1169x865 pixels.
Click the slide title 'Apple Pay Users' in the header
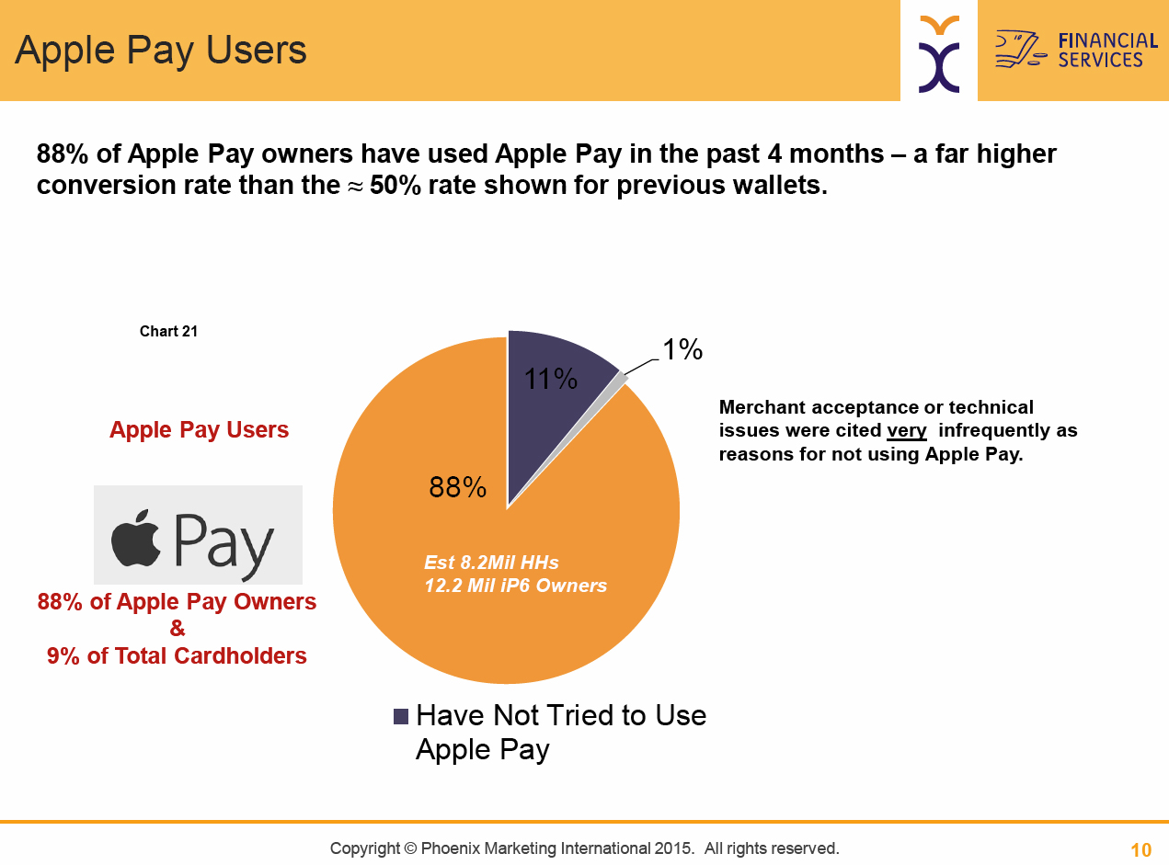coord(161,51)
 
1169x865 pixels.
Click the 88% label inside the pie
coord(457,487)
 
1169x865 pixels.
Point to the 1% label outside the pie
coord(682,349)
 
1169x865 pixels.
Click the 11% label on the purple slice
coord(551,379)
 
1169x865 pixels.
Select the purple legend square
coord(401,716)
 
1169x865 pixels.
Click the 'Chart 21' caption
coord(168,331)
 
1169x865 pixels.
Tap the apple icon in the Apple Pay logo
coord(136,539)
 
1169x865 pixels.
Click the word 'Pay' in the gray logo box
coord(224,545)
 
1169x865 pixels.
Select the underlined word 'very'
coord(907,431)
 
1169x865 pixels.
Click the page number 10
coord(1141,850)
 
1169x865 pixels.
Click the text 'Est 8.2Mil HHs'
coord(491,563)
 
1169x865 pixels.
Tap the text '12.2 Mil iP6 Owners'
coord(515,586)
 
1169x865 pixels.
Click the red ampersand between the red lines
coord(178,628)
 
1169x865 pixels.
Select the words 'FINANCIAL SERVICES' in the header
coord(1108,50)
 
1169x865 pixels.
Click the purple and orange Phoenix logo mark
coord(939,54)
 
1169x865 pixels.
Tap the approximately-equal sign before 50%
coord(355,187)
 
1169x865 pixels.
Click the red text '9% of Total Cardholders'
coord(177,655)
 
